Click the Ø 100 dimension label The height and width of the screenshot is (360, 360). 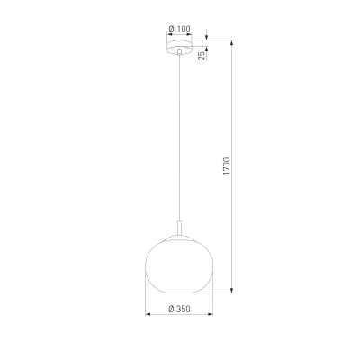(179, 29)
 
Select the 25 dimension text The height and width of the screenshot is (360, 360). (202, 56)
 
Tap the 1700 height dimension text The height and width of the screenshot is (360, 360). (226, 166)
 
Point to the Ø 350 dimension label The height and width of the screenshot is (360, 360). (179, 309)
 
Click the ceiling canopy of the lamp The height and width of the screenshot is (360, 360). (179, 47)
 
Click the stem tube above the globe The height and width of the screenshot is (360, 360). (179, 229)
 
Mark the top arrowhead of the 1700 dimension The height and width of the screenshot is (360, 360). (231, 42)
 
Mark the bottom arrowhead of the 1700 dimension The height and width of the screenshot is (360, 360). (231, 290)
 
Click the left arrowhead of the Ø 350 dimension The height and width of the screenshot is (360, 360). (148, 314)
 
